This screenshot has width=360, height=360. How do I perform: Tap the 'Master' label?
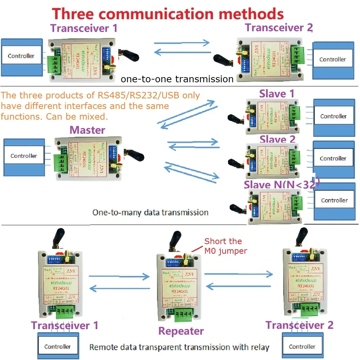click(x=87, y=130)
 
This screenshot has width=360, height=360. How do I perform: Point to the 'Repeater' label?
click(x=181, y=331)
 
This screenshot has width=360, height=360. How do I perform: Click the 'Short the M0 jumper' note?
click(x=225, y=246)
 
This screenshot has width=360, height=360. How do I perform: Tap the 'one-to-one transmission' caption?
click(x=177, y=79)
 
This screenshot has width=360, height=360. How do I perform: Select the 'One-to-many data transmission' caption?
click(x=150, y=213)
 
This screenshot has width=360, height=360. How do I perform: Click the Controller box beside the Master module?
click(x=24, y=156)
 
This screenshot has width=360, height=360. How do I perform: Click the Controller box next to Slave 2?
click(x=333, y=158)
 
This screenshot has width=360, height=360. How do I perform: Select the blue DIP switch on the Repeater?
click(x=172, y=262)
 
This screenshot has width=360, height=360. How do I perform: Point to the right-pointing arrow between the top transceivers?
click(x=181, y=43)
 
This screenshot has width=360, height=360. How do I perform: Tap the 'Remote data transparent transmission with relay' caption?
click(x=179, y=347)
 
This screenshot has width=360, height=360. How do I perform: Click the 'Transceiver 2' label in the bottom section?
click(x=299, y=325)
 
